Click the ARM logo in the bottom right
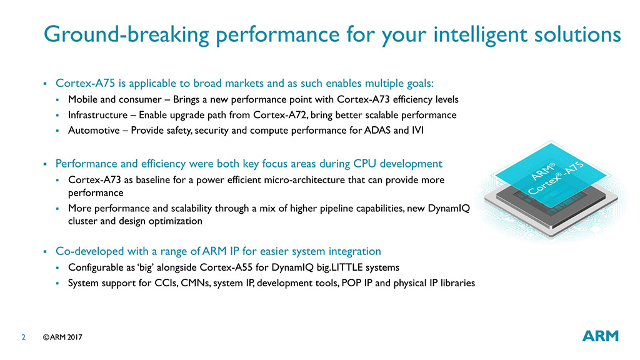point(600,336)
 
